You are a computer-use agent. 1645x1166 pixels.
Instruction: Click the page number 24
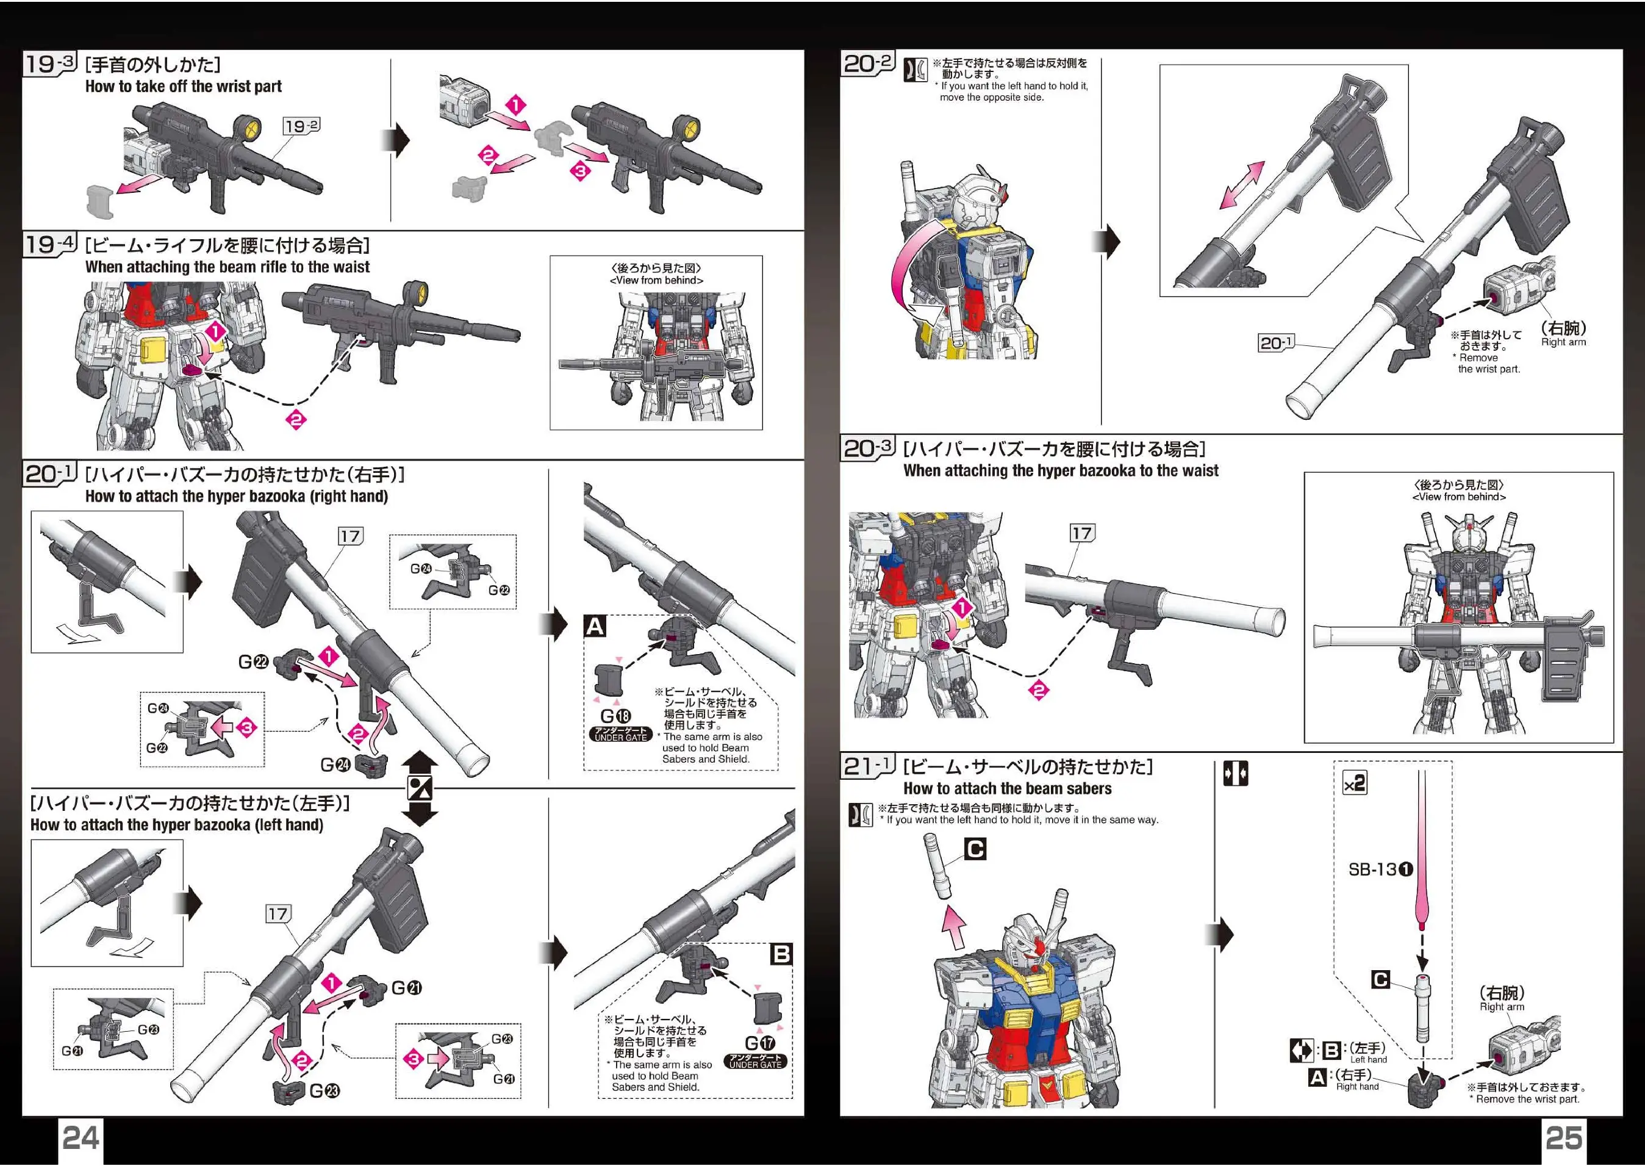[81, 1138]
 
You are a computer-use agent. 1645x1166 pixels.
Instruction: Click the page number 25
[1563, 1138]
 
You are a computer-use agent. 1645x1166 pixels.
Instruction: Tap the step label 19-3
[49, 63]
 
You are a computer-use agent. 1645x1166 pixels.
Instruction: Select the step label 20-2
[867, 63]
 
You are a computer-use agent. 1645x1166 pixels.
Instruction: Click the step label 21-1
[867, 766]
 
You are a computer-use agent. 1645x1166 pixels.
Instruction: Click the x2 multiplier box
[1354, 783]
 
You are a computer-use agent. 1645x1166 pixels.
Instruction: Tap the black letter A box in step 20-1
[595, 627]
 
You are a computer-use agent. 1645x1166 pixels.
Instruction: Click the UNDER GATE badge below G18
[621, 734]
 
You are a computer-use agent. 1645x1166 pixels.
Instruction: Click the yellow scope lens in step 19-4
[421, 292]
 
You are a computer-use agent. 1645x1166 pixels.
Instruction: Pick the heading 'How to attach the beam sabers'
[1007, 788]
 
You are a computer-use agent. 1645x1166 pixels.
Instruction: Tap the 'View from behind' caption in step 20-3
[1458, 497]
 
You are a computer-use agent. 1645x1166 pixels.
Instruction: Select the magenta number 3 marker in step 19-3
[580, 171]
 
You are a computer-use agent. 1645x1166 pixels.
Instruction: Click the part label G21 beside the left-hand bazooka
[406, 988]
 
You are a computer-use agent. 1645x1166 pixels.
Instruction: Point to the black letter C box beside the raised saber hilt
[975, 849]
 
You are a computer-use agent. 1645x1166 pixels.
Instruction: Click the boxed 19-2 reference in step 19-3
[301, 126]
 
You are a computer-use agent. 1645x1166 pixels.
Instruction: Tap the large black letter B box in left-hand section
[781, 954]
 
